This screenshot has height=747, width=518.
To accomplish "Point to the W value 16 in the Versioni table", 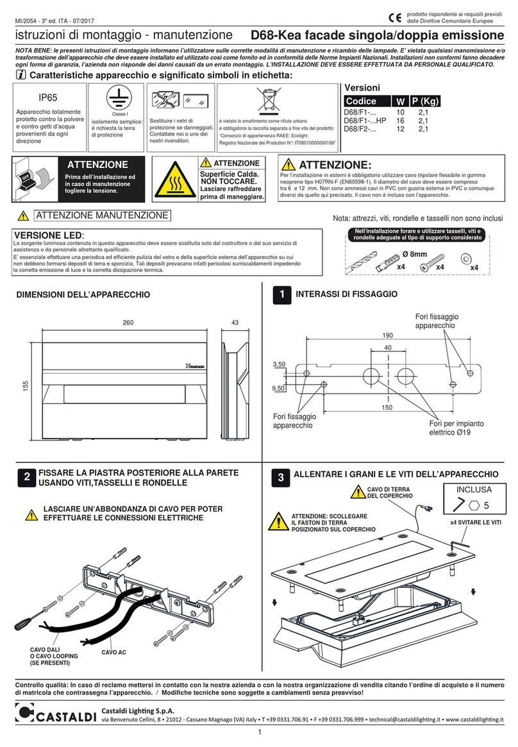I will (x=401, y=121).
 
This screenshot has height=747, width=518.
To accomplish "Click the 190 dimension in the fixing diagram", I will (x=387, y=335).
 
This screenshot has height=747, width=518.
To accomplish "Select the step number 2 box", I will (x=26, y=477).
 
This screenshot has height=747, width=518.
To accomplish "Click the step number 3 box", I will (x=280, y=476).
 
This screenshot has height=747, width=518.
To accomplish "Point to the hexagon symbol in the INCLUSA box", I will (x=469, y=505).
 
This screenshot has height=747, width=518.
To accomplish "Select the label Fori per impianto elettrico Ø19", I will (x=456, y=428).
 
